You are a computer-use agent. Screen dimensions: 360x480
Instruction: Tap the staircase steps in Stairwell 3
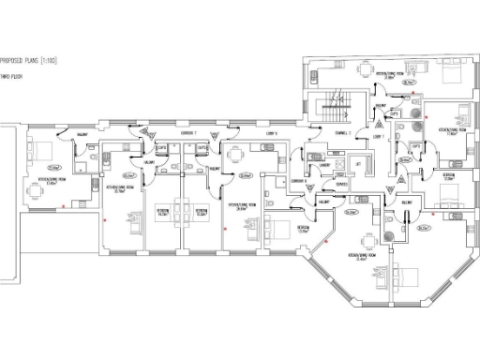[x=332, y=109]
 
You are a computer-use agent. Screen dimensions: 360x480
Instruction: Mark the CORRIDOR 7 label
[x=187, y=134]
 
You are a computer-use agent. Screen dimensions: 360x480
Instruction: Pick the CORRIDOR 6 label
[x=298, y=180]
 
